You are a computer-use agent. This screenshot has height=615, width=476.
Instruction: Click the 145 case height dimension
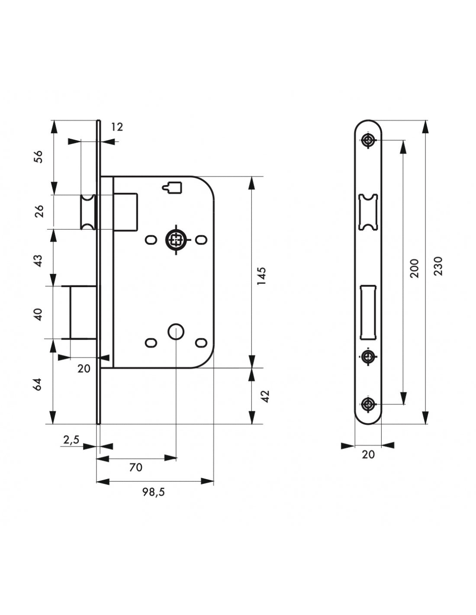(261, 276)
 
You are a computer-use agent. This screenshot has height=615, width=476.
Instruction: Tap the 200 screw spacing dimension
(415, 268)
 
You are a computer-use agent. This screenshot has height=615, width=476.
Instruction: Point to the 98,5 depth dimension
(154, 492)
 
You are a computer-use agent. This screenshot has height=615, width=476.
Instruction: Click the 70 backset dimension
(135, 468)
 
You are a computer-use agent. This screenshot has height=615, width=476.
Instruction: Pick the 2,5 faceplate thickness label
(71, 440)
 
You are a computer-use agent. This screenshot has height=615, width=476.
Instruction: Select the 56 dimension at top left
(39, 156)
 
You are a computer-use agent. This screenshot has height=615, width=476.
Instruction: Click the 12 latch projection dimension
(117, 127)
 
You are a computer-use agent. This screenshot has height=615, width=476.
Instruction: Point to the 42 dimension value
(266, 396)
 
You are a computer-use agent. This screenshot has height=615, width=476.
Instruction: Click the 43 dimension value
(39, 260)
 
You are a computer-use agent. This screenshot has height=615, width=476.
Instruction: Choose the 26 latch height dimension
(39, 211)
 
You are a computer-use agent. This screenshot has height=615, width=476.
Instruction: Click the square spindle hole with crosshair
(176, 240)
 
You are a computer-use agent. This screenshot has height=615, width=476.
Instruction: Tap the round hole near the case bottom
(176, 332)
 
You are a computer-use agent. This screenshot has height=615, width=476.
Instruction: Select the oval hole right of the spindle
(201, 240)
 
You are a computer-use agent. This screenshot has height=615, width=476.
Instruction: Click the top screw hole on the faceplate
(368, 140)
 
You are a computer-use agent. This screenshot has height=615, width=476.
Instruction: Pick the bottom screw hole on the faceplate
(368, 404)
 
